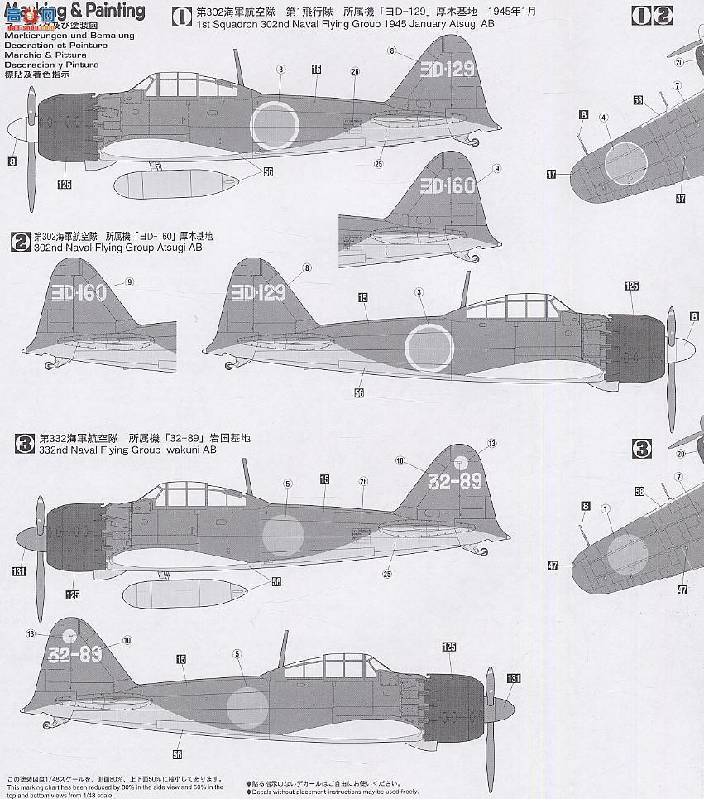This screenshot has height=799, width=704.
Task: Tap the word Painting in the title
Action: click(115, 12)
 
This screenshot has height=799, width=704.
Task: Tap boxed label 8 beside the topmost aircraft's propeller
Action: click(12, 161)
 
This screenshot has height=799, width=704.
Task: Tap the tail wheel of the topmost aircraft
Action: click(476, 142)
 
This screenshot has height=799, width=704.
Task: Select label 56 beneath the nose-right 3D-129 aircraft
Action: click(359, 392)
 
